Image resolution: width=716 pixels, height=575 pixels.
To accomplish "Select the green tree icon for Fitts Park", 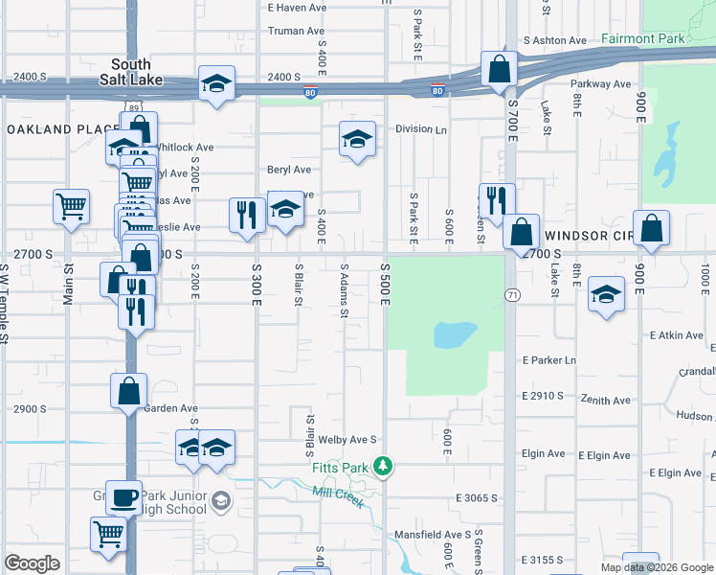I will tap(383, 466).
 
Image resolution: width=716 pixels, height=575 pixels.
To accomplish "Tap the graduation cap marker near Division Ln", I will tap(357, 140).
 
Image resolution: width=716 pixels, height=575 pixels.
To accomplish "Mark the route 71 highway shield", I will tap(512, 296).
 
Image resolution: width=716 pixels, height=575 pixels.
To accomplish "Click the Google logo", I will tap(32, 563).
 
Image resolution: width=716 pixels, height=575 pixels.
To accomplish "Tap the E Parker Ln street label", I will tap(549, 360).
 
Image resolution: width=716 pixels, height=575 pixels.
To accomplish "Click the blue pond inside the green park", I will tap(455, 334).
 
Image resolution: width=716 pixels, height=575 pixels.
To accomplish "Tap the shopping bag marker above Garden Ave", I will tap(128, 391).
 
